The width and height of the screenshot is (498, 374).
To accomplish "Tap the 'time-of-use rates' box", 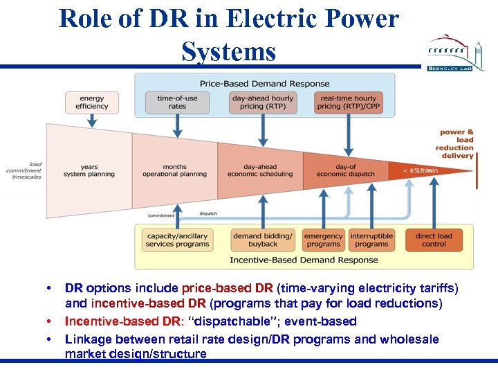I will pos(177,103).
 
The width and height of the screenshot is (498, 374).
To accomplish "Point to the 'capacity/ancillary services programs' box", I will pos(178,240).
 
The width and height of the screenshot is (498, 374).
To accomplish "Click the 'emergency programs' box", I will pos(323,240).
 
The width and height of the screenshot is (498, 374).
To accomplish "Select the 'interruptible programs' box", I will pos(371,240).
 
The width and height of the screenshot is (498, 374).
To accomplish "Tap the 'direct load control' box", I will pos(434,240).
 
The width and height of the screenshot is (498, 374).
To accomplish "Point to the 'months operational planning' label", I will pos(174,170).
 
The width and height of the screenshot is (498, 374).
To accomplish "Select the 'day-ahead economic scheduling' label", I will pos(260,170).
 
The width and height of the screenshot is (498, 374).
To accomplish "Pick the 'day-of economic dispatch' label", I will pos(346,170).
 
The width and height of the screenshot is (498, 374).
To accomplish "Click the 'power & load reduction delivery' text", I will pos(456,144).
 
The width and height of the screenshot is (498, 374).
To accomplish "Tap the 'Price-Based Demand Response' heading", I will pos(265,84).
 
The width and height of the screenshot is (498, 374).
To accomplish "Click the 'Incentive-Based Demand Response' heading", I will pos(304,260).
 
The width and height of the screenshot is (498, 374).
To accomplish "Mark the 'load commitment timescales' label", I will pos(25,170).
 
